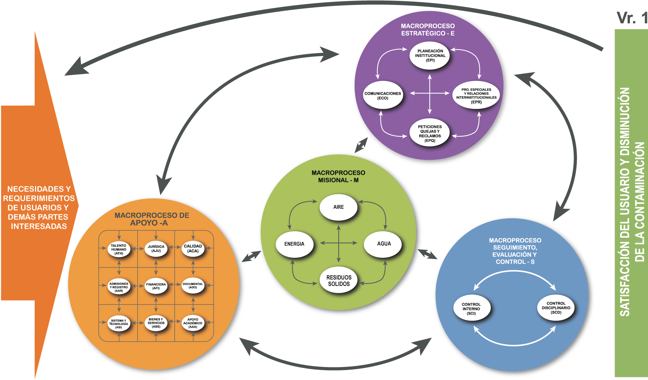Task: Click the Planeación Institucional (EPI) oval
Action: [430, 55]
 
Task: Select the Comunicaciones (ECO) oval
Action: [383, 95]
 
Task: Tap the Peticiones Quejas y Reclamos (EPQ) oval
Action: [430, 133]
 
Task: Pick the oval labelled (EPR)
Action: [476, 95]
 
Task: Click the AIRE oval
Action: [338, 207]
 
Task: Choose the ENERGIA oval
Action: [294, 244]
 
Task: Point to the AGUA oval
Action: [384, 243]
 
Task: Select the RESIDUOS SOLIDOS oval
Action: [339, 280]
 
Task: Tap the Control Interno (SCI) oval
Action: [471, 309]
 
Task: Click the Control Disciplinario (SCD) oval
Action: [556, 308]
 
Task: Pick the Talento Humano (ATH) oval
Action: [119, 249]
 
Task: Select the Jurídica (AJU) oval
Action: [156, 249]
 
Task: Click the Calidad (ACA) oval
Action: [193, 249]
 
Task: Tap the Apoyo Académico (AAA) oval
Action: [193, 323]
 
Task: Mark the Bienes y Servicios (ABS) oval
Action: [156, 323]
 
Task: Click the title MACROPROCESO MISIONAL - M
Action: [338, 176]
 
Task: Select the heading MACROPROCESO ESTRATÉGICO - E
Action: [428, 30]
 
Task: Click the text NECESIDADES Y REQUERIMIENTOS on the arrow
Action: [39, 194]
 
